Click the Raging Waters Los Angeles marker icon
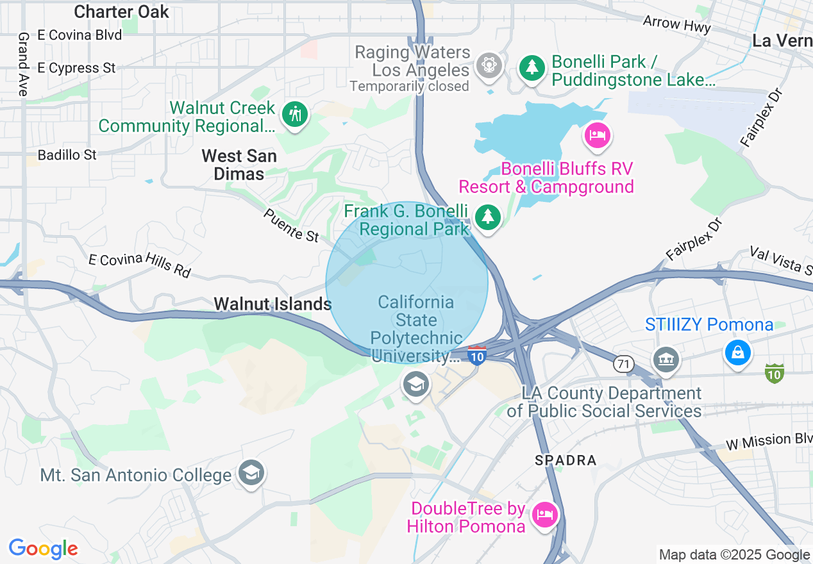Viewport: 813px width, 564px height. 489,65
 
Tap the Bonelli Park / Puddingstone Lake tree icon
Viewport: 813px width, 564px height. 531,67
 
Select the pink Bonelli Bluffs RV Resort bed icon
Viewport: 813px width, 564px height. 598,135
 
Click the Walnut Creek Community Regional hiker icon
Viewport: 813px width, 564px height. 295,115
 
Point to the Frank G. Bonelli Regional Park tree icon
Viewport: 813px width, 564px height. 488,217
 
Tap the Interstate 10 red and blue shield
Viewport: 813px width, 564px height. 476,356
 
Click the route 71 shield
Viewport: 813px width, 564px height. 623,364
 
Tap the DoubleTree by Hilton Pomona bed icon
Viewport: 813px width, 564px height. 545,515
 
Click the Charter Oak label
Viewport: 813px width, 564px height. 121,12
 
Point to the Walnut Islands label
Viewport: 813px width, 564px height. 272,304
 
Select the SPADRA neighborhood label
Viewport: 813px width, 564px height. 566,460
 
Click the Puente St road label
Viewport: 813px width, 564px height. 291,225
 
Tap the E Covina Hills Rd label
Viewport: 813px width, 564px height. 140,265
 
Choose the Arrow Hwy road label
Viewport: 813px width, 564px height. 677,24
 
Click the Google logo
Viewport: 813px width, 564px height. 43,549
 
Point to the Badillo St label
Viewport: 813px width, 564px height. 67,154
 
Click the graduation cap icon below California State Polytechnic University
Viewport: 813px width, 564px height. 415,385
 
